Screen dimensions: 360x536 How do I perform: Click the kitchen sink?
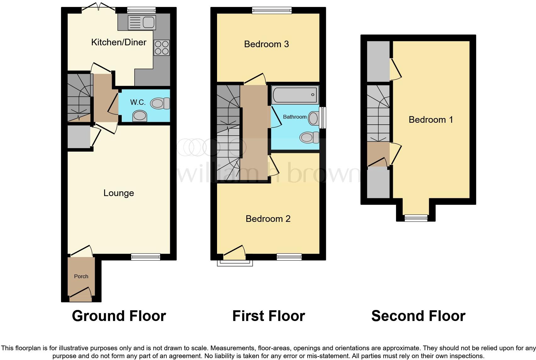(142, 22)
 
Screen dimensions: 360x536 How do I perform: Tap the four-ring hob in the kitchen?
(162, 48)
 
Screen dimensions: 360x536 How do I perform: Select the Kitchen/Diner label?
(119, 42)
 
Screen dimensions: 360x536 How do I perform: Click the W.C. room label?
(138, 102)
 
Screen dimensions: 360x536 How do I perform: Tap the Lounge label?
(119, 193)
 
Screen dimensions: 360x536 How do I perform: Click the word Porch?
(81, 276)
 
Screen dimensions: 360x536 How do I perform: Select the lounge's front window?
(146, 257)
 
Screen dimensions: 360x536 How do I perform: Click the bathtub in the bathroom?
(295, 95)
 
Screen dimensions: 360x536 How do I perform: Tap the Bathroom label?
(295, 117)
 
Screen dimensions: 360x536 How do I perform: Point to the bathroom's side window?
(322, 118)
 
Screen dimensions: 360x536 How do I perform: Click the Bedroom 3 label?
(266, 44)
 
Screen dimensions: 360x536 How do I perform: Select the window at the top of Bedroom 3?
(272, 11)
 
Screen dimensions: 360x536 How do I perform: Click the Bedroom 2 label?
(268, 219)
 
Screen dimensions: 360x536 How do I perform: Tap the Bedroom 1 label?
(431, 120)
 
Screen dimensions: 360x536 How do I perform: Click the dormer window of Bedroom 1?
(416, 218)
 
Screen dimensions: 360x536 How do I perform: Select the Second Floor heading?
(418, 316)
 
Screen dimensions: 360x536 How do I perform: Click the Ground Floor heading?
(119, 316)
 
